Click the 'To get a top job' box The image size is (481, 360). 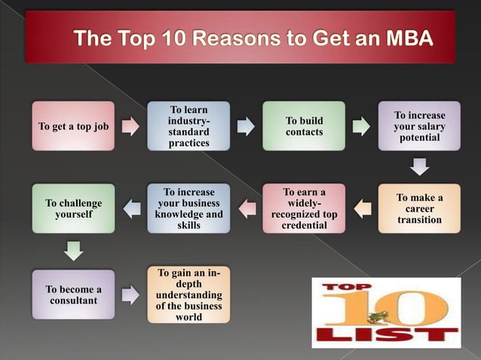coord(73,126)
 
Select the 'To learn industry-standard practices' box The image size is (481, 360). coord(188,126)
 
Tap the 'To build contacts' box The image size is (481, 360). coord(304,126)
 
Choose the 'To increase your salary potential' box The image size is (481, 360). coord(419,126)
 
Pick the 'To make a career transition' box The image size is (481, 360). coord(419,209)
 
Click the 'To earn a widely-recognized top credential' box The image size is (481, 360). coord(304,209)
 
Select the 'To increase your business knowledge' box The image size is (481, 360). coord(188,209)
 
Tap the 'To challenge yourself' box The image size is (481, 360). coord(73,209)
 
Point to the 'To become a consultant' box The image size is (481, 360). coord(73,294)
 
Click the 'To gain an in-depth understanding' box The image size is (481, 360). coord(188,294)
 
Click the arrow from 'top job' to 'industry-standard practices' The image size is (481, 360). coord(131,126)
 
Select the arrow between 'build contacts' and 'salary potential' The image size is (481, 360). coord(362,126)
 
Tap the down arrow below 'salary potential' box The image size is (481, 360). coord(420,166)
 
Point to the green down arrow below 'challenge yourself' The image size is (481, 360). coord(73,249)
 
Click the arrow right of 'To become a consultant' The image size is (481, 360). coord(131,294)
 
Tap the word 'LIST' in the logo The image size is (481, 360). coord(387,333)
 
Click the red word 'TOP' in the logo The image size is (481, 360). coord(344,288)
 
